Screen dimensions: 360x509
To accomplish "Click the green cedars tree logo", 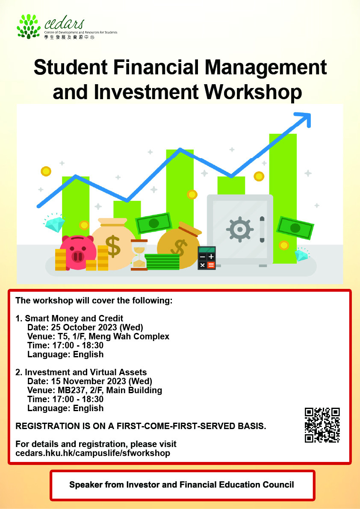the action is coord(29,26).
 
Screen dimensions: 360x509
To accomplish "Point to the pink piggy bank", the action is coord(77,252).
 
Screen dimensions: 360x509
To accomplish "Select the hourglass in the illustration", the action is coord(139,255).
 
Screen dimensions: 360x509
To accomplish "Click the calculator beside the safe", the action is coord(207,258).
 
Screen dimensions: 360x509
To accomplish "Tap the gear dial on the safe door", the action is coord(240,229).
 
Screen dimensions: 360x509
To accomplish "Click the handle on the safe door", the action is coord(262,229).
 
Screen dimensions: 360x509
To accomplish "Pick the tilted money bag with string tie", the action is coord(179,244).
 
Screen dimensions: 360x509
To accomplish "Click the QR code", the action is coord(322,425).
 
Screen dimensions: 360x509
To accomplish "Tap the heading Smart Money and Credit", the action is coord(74,318).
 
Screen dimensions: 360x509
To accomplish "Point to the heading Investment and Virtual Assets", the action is coord(86,372).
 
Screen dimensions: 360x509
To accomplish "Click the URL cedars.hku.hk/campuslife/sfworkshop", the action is coord(93,453).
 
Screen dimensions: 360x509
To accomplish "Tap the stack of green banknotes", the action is coord(162,262).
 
